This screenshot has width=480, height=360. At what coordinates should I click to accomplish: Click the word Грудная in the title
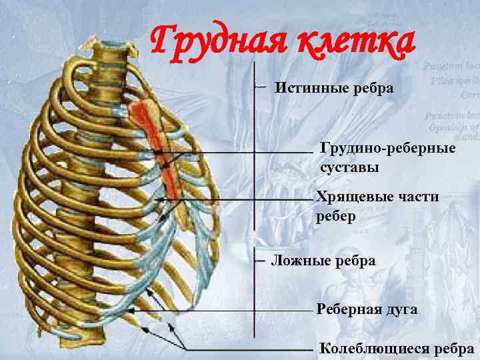(x=213, y=41)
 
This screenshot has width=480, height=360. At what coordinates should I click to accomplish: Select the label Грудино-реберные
(x=389, y=147)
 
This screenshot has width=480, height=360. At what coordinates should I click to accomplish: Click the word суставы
(x=349, y=167)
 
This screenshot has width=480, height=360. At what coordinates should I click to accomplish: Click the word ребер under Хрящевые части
(x=337, y=217)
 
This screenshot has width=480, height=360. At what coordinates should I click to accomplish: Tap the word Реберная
(x=349, y=309)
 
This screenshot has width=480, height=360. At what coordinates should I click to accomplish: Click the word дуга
(x=401, y=309)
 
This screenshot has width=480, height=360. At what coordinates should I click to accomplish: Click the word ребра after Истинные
(x=369, y=88)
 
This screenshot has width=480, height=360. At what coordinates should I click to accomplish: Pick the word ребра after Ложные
(x=355, y=261)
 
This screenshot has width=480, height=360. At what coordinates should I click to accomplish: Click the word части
(x=415, y=198)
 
